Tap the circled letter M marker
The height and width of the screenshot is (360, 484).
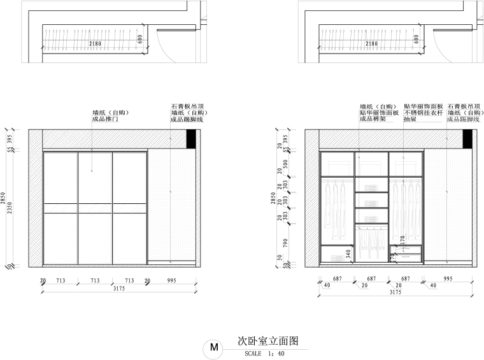213,348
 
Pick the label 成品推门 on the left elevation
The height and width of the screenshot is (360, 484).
105,119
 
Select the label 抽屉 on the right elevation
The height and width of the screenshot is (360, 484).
410,119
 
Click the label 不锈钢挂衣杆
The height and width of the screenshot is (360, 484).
422,113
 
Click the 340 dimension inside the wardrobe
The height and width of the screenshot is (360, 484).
348,254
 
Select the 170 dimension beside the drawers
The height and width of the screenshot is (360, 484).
402,240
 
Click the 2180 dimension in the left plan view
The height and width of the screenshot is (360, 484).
95,44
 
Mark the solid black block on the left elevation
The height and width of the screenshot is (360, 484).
191,140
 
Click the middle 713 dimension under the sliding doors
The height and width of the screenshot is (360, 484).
95,280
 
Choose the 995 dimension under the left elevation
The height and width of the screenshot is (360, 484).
171,280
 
